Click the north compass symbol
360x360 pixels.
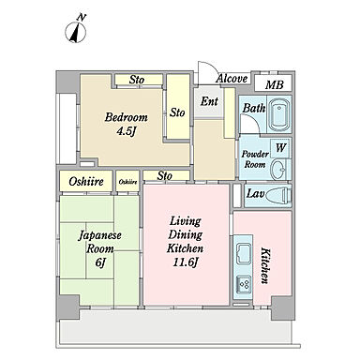coord(76,29)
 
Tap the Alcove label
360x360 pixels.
coord(232,79)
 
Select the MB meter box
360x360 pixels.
coord(274,83)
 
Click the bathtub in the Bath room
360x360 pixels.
coord(278,115)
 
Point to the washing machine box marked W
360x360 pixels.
coord(280,148)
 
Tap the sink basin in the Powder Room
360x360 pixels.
coord(278,169)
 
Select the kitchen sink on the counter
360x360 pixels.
coord(243,253)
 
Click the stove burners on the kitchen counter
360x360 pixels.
coord(244,284)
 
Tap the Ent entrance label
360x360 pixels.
coord(209,101)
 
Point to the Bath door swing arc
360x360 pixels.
coord(251,124)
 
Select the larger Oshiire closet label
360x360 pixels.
coord(86,181)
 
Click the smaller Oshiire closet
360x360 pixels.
coord(127,181)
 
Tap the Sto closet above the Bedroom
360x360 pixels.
coord(139,80)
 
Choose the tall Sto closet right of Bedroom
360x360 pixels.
coord(177,107)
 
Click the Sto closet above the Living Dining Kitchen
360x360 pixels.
coord(166,175)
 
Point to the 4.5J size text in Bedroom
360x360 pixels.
coord(126,131)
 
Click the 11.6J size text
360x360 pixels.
coord(185,262)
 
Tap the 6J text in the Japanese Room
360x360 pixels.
coord(99,262)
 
